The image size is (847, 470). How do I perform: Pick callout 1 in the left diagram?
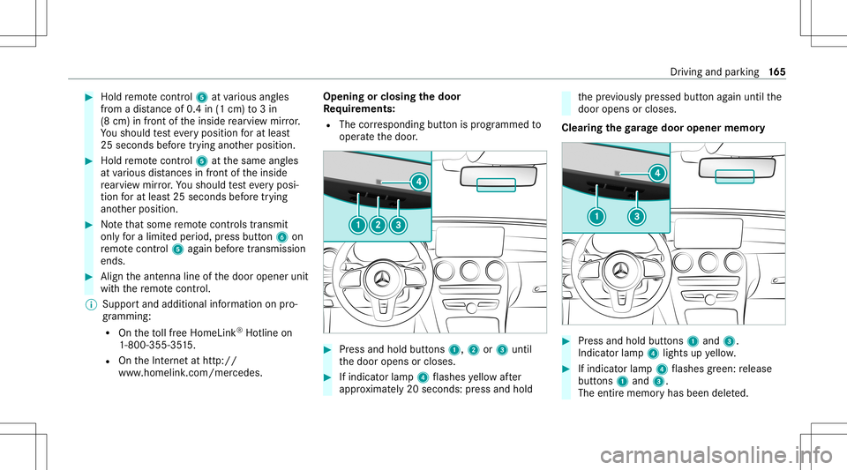(357, 224)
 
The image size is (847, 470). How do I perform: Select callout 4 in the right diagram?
(656, 174)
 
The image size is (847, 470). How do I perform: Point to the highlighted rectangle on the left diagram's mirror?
(496, 184)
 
